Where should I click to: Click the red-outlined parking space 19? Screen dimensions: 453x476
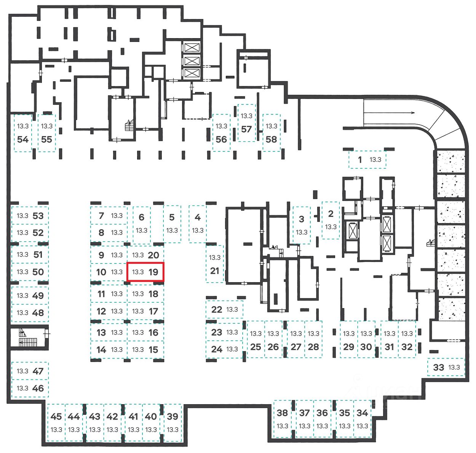(145, 272)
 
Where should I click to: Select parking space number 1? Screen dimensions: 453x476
(367, 160)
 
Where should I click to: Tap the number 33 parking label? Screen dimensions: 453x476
(439, 368)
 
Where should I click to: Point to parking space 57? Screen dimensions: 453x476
(246, 123)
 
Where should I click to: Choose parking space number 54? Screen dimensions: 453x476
(23, 133)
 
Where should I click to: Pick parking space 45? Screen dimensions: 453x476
(56, 422)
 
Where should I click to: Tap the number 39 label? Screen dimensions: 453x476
(173, 416)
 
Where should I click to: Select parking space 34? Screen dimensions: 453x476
(362, 419)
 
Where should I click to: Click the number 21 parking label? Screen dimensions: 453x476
(215, 271)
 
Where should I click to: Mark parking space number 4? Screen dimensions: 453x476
(198, 224)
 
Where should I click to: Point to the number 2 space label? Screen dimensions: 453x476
(331, 214)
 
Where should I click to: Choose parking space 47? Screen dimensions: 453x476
(30, 371)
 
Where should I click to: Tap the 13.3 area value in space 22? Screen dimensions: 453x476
(232, 310)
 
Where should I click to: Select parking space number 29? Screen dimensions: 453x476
(348, 340)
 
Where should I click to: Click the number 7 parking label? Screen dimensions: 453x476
(101, 216)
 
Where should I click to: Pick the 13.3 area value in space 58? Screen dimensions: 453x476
(272, 126)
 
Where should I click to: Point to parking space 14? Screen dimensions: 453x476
(109, 350)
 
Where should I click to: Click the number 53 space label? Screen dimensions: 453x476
(38, 216)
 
